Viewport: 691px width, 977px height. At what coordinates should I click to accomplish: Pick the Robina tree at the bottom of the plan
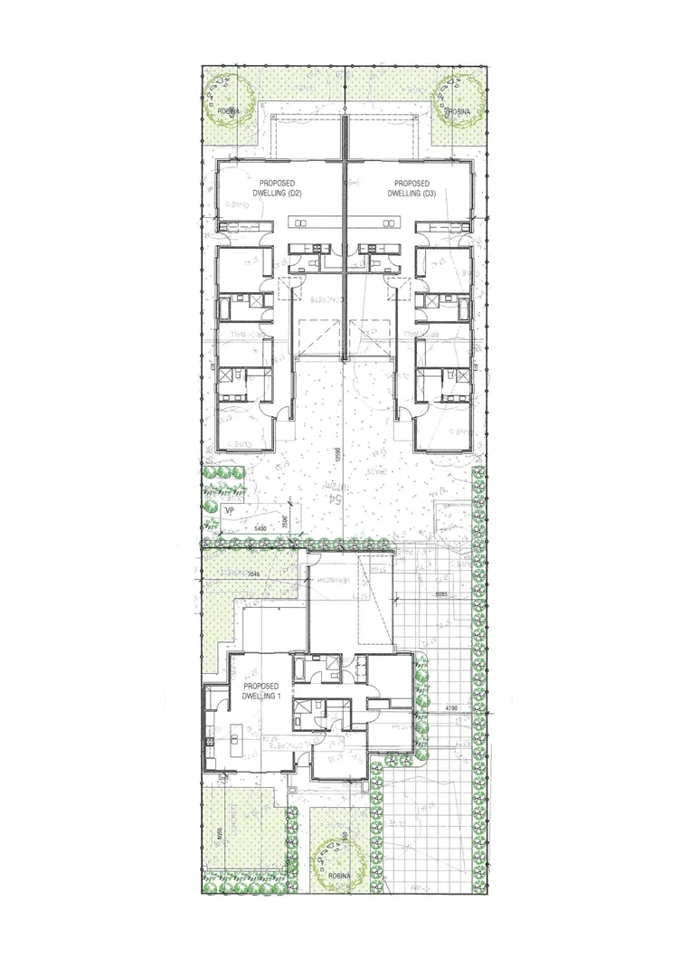tap(339, 861)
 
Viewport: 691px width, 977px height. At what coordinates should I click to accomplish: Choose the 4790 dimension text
tap(452, 707)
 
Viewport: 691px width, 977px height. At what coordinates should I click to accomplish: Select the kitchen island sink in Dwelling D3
tap(388, 223)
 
